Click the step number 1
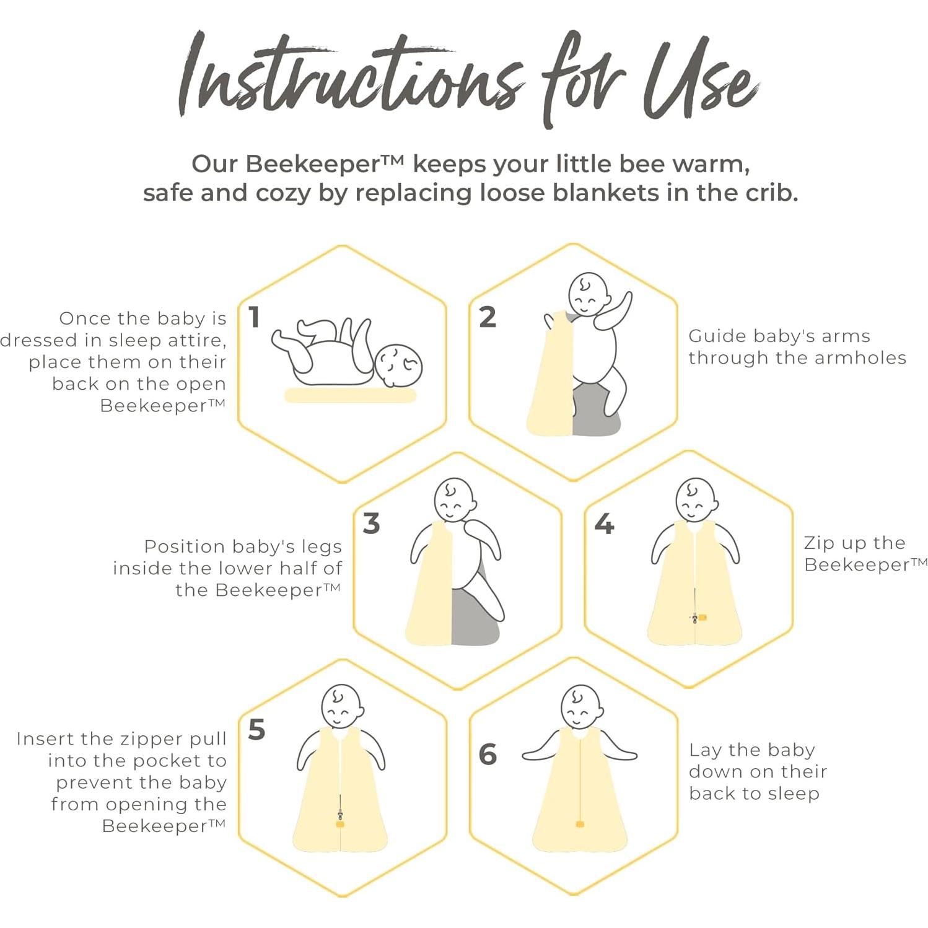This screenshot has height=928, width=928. click(254, 317)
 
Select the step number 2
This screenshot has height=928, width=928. click(488, 317)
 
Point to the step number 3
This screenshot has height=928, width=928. click(371, 523)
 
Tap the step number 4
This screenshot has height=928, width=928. click(604, 524)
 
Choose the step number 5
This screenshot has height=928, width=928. click(256, 730)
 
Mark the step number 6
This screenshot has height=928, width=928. click(488, 754)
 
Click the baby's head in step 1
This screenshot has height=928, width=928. click(398, 366)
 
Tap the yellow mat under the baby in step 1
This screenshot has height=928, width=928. click(351, 395)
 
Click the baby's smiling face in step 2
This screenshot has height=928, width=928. click(589, 294)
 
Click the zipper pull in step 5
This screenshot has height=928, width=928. click(339, 817)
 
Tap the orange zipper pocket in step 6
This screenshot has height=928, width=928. click(580, 824)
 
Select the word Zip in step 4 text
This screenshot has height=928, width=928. click(818, 544)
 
